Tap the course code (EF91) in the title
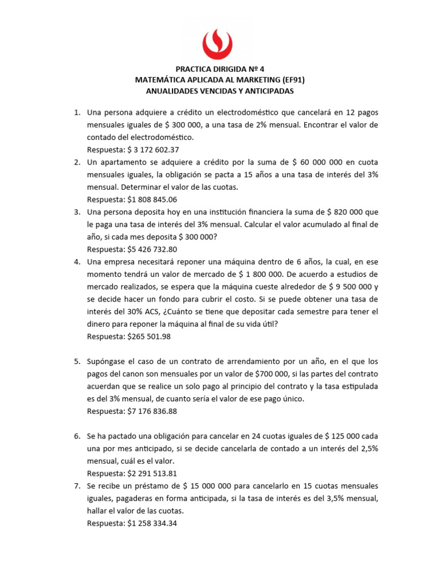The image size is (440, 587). [x=296, y=80]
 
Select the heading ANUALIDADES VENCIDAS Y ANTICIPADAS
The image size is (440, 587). [x=220, y=91]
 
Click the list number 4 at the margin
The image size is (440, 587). [x=77, y=262]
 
